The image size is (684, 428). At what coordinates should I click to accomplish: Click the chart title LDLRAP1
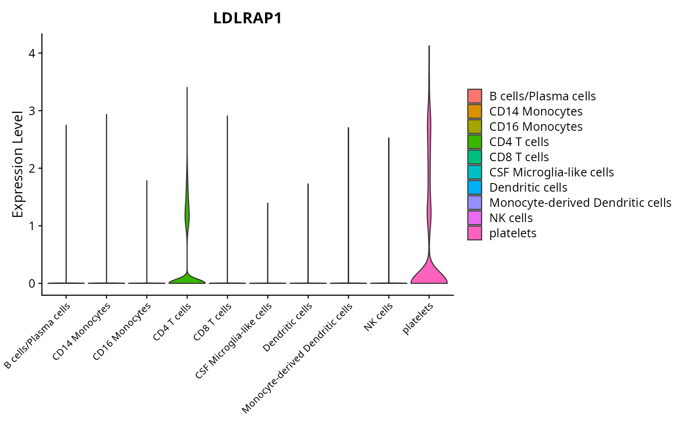pos(247,19)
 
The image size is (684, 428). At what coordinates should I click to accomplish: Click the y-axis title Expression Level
pos(18,165)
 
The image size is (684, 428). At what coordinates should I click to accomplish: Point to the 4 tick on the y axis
pos(32,53)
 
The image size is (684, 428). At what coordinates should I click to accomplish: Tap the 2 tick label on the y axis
pos(32,168)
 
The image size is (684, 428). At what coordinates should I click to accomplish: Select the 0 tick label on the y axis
pos(32,283)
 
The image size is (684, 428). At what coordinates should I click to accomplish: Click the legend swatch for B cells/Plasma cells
pos(475,96)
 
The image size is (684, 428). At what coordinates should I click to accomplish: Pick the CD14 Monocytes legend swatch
pos(475,111)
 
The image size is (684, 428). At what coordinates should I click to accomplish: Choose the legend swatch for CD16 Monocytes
pos(475,126)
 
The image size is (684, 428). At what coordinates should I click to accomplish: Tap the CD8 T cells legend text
pos(519,157)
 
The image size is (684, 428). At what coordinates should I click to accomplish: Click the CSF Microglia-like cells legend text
pos(551,172)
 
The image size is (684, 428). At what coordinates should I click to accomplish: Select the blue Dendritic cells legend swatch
pos(475,187)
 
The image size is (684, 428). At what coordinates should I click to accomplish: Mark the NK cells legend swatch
pos(475,218)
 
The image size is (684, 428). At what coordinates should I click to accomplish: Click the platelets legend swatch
pos(475,233)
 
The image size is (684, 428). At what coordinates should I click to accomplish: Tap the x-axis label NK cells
pos(379,317)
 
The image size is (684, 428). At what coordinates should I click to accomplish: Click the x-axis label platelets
pos(418,319)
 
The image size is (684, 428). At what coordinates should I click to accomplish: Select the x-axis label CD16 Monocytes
pos(122,331)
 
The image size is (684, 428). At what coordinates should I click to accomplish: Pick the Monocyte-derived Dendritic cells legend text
pos(580,203)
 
